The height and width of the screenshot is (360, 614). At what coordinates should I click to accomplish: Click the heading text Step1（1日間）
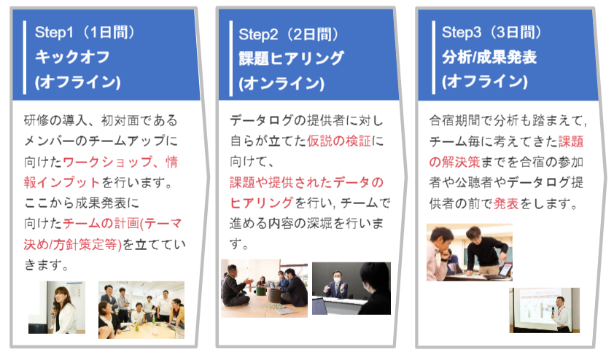click(x=85, y=33)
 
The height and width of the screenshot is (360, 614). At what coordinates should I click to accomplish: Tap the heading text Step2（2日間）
click(x=289, y=34)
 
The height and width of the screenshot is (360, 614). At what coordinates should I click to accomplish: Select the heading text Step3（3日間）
click(x=491, y=33)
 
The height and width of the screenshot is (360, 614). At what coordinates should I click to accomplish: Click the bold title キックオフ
click(x=72, y=57)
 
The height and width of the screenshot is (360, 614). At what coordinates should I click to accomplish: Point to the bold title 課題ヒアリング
click(x=292, y=59)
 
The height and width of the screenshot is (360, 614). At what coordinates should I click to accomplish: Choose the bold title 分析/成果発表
click(x=489, y=58)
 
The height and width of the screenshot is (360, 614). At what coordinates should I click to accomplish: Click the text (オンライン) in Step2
click(x=281, y=83)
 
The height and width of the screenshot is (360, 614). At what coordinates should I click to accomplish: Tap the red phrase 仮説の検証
click(x=338, y=141)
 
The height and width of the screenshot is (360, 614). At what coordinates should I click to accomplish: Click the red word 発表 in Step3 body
click(x=506, y=203)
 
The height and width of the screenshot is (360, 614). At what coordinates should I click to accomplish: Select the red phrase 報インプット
click(x=62, y=182)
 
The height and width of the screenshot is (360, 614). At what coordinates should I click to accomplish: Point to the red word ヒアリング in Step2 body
click(x=261, y=203)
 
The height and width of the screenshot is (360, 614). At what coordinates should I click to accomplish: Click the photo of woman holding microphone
click(x=57, y=308)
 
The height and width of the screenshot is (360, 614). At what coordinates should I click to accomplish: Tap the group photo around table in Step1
click(x=141, y=310)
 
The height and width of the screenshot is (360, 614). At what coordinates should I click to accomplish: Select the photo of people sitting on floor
click(x=264, y=289)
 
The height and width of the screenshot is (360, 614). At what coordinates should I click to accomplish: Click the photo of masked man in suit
click(x=351, y=289)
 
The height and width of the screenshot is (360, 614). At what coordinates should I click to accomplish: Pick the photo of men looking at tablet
click(x=470, y=252)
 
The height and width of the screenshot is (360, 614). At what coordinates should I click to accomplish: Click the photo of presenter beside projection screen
click(x=544, y=310)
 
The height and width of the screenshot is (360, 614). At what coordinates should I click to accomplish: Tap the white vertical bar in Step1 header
click(x=25, y=58)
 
